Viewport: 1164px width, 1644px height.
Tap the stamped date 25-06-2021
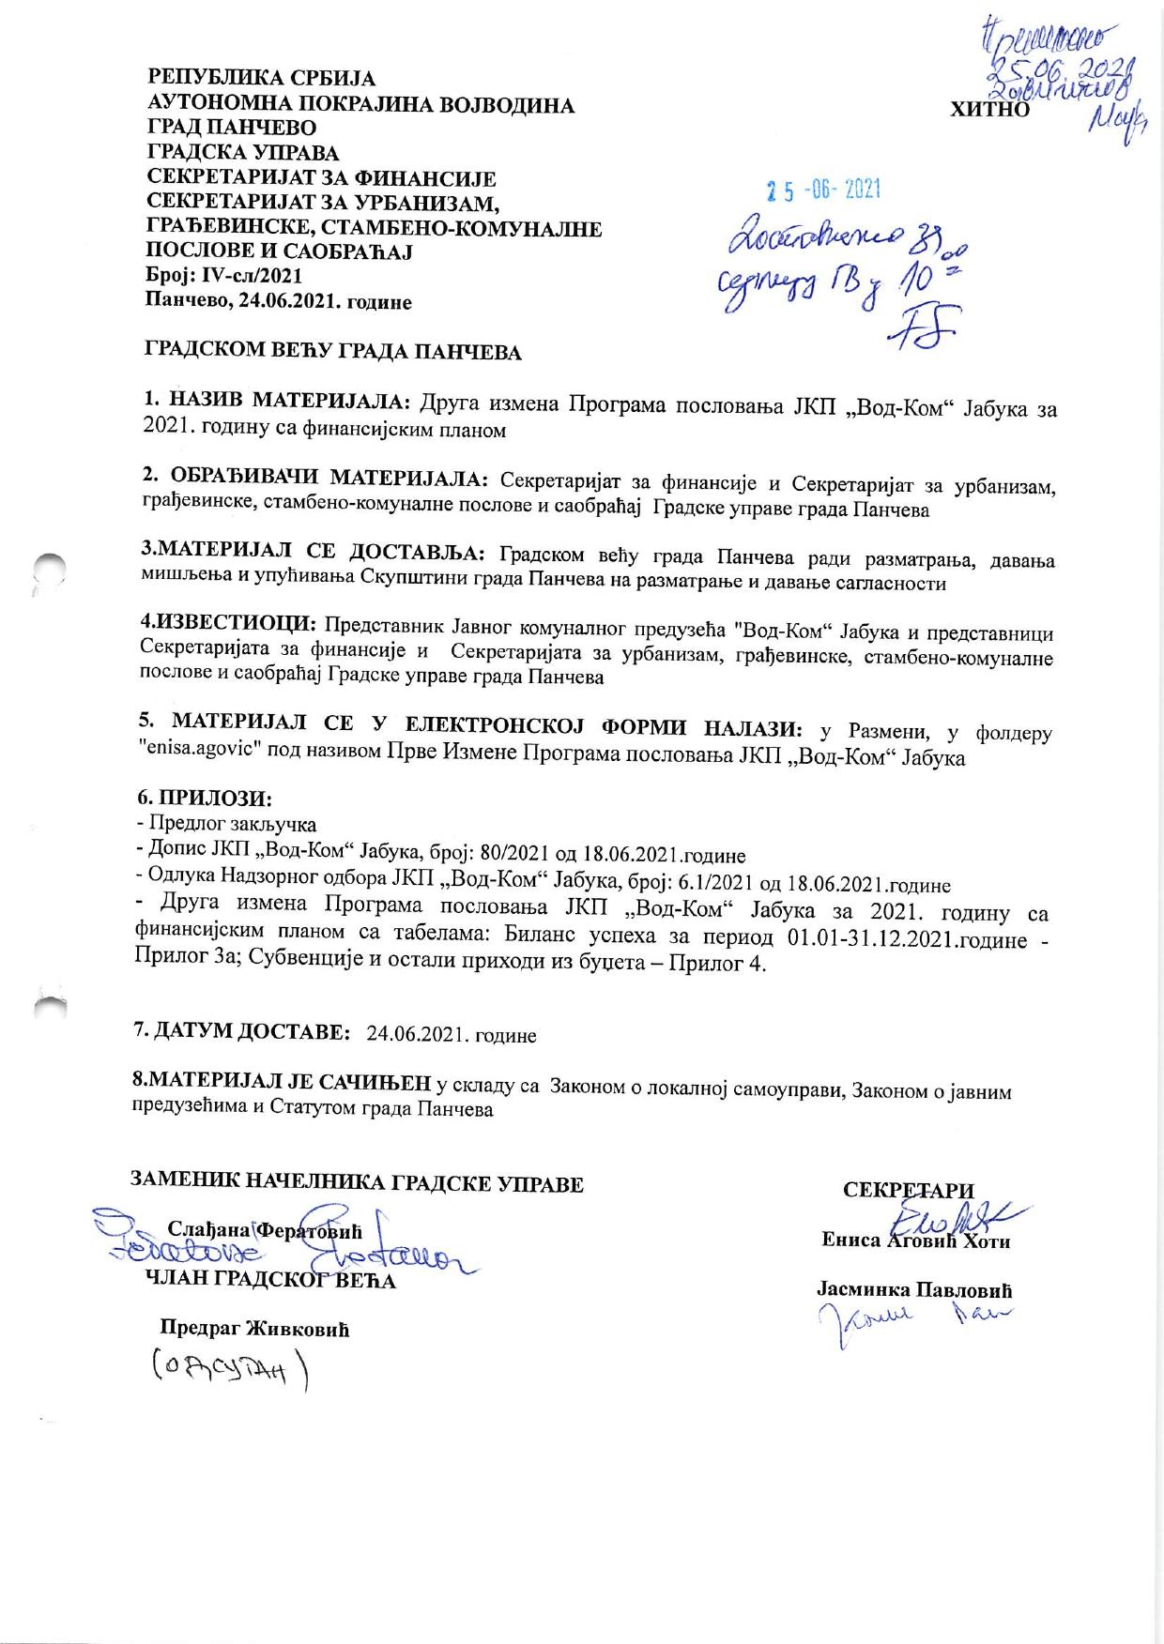(x=823, y=191)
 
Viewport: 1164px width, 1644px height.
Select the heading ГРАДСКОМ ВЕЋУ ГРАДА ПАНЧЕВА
(x=331, y=353)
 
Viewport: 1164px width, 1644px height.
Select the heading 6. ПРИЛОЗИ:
(x=204, y=799)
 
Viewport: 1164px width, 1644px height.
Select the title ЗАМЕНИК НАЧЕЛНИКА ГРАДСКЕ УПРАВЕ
(x=357, y=1183)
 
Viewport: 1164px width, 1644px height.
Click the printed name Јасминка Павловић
(x=914, y=1290)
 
